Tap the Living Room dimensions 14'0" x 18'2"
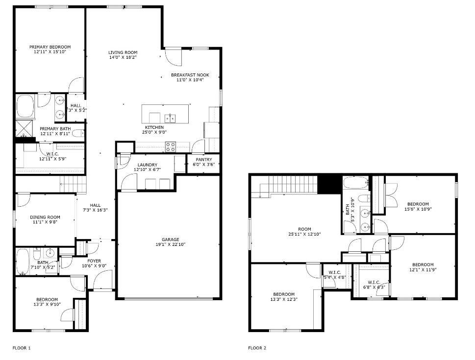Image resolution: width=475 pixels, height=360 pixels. [x=123, y=57]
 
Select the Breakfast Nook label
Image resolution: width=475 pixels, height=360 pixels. [x=190, y=75]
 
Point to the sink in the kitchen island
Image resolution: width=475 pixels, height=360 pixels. [x=170, y=118]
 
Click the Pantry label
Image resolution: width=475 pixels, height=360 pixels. [x=203, y=160]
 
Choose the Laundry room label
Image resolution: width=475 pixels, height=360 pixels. [x=147, y=165]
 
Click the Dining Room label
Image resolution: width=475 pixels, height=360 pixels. [x=45, y=217]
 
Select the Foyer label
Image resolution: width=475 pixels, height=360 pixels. [x=94, y=261]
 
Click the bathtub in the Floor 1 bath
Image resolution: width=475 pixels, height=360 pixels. [x=23, y=262]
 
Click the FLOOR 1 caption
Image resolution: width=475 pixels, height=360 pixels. [x=22, y=348]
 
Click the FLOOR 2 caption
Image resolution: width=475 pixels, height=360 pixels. [x=257, y=348]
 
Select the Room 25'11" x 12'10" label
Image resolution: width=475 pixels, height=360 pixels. [x=304, y=229]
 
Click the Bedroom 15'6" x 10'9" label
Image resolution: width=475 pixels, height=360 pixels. [x=418, y=204]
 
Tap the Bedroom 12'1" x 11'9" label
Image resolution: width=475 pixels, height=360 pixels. [x=422, y=264]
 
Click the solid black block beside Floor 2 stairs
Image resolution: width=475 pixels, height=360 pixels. [x=329, y=184]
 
